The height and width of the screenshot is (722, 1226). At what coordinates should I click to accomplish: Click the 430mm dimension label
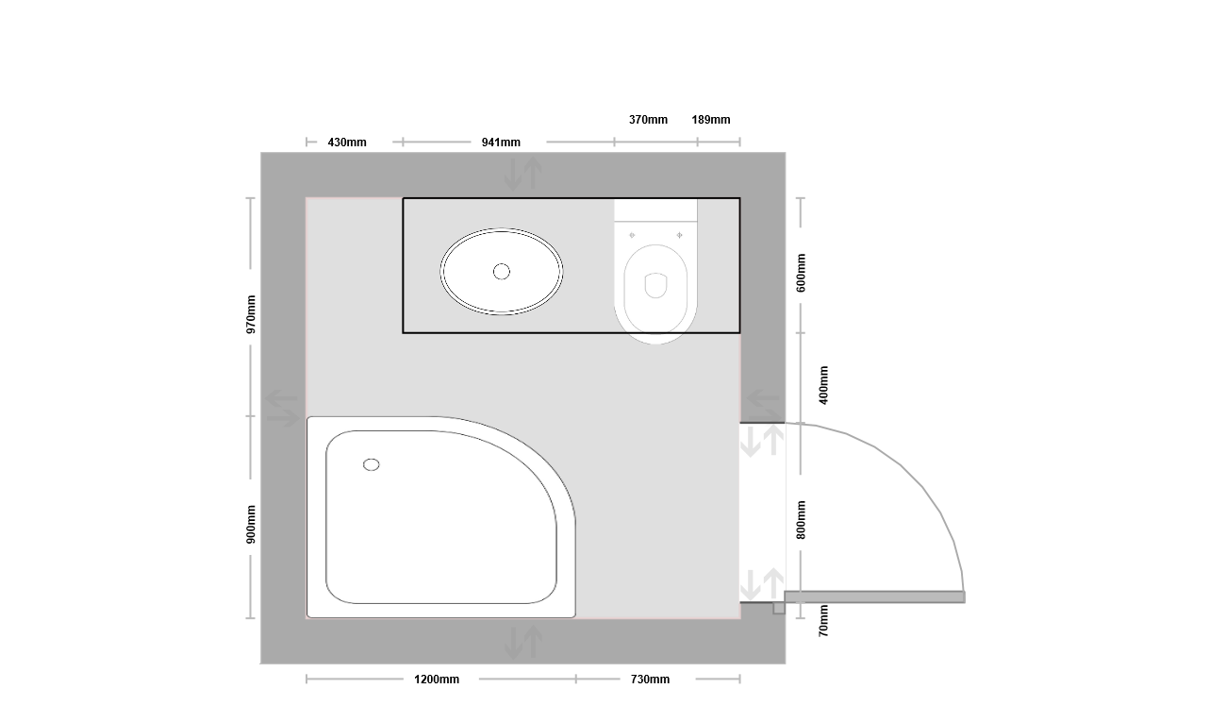[x=347, y=143]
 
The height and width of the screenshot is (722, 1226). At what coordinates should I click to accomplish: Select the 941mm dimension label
[x=501, y=143]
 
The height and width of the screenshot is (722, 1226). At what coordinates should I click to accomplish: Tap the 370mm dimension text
[x=648, y=120]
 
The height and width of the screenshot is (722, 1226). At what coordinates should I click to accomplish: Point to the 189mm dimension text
[x=711, y=120]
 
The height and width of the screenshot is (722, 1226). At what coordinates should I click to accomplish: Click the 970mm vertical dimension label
[x=251, y=314]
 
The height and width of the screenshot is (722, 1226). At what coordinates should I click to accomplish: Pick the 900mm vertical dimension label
[x=251, y=524]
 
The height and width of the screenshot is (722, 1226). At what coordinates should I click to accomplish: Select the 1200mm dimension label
[x=437, y=680]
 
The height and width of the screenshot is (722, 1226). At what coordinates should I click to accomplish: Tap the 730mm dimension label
[x=650, y=680]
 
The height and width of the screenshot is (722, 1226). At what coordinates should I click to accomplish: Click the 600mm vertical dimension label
[x=801, y=273]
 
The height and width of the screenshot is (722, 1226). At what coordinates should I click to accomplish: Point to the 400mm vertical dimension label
[x=823, y=385]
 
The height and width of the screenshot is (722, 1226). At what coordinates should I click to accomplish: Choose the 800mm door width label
[x=801, y=520]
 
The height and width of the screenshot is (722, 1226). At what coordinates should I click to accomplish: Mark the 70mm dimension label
[x=823, y=621]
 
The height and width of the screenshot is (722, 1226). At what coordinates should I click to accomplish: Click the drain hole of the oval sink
[x=502, y=272]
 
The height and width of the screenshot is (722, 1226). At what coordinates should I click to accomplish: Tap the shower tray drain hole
[x=371, y=464]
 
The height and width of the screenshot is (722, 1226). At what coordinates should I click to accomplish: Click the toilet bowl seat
[x=655, y=289]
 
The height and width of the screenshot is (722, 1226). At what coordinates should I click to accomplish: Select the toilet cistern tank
[x=655, y=210]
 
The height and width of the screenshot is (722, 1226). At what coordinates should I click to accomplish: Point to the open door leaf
[x=874, y=597]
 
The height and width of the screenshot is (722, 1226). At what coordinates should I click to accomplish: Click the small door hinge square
[x=779, y=608]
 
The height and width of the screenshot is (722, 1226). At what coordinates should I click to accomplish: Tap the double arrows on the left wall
[x=282, y=408]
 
